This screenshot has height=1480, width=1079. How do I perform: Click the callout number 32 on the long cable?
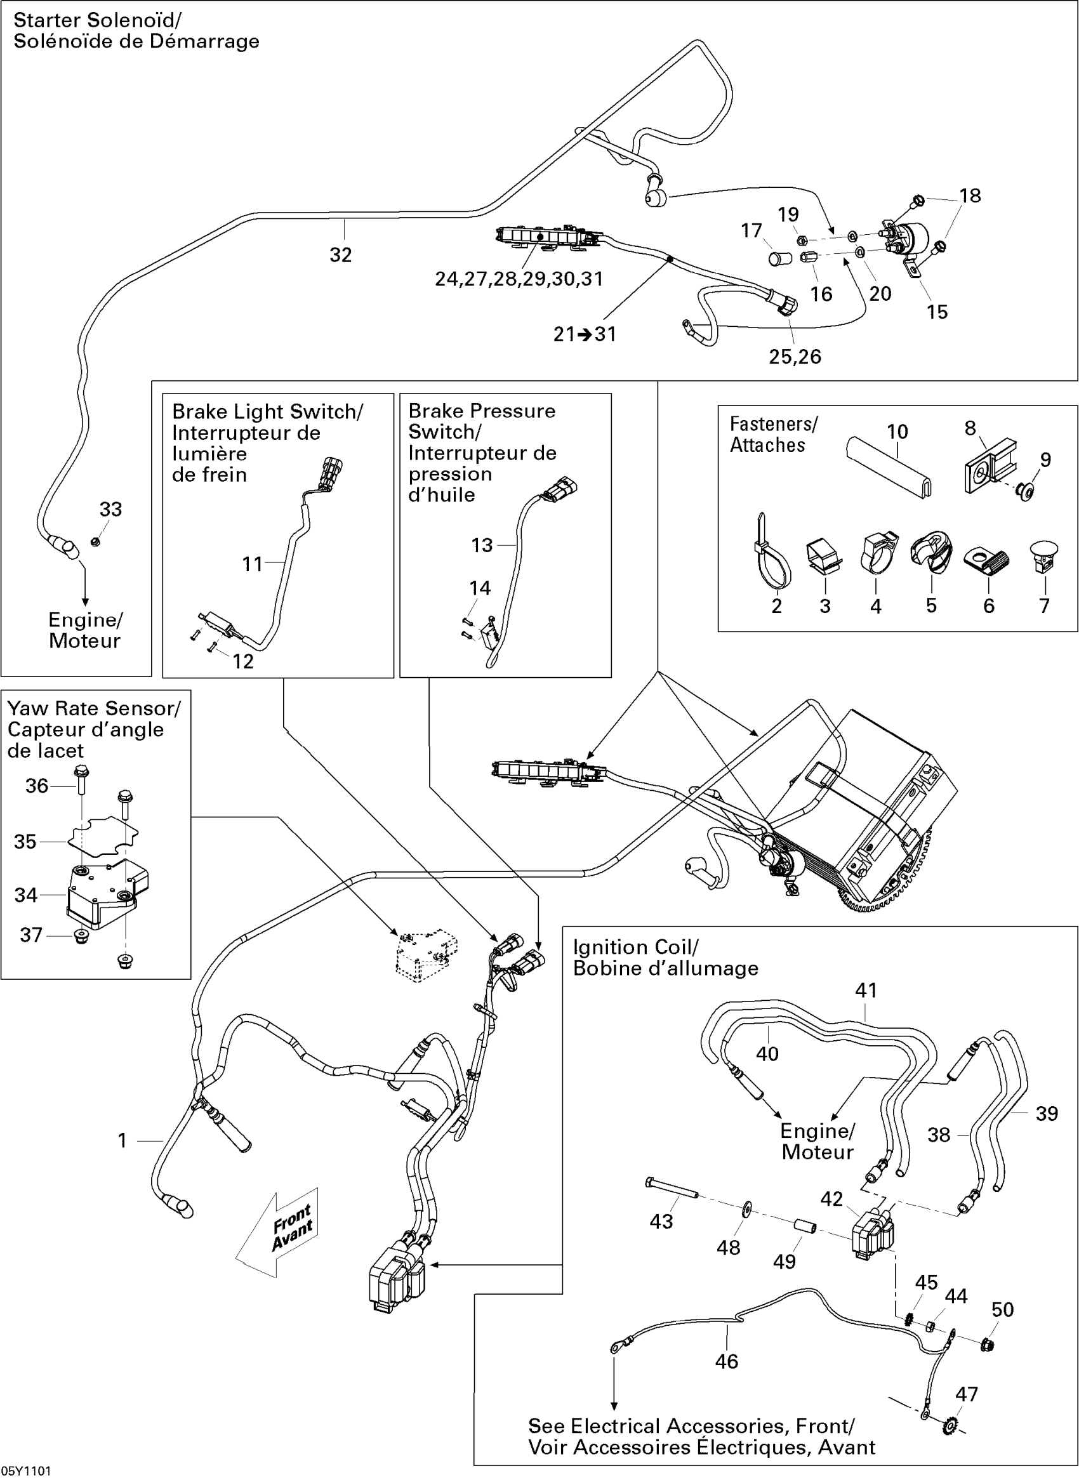point(340,254)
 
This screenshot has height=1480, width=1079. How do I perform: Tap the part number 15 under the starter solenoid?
point(937,312)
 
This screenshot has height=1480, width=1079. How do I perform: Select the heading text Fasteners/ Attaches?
point(773,434)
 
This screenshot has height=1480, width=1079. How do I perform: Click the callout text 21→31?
point(585,334)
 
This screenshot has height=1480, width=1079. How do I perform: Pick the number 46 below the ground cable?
point(726,1362)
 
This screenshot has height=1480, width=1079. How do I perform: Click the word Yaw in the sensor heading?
point(28,709)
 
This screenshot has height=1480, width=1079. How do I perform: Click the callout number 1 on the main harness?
point(122,1140)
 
